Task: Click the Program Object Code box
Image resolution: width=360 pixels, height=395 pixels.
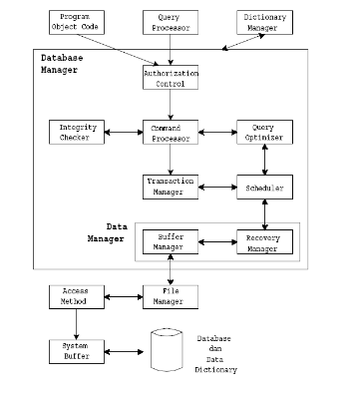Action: (x=76, y=22)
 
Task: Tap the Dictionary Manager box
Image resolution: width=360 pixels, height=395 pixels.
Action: (x=264, y=22)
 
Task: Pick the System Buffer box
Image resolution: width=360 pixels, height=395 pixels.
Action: (x=76, y=350)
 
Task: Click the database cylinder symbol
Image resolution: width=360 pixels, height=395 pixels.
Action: (x=168, y=351)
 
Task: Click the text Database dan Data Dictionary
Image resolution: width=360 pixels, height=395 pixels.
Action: (x=216, y=353)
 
